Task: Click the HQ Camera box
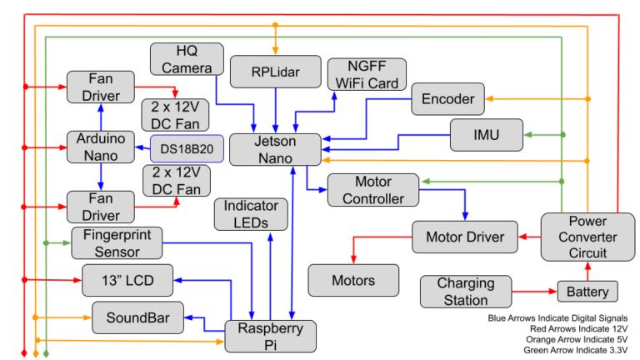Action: pos(187,59)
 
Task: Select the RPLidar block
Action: pos(275,72)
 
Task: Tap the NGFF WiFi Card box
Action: pos(367,74)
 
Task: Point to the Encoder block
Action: pos(447,99)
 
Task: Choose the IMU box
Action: pos(486,134)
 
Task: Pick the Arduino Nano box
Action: pos(100,147)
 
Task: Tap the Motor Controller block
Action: pos(372,190)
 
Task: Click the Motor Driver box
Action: pos(465,237)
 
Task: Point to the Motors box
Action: pos(353,280)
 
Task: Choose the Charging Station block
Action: pos(466,292)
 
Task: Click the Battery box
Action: pos(587,292)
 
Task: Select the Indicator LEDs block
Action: pos(252,214)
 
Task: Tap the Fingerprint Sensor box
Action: pos(117,242)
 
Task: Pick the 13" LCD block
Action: pos(128,280)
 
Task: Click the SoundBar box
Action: pos(137,318)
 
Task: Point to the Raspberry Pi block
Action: pos(271,336)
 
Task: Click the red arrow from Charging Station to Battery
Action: pos(533,292)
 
